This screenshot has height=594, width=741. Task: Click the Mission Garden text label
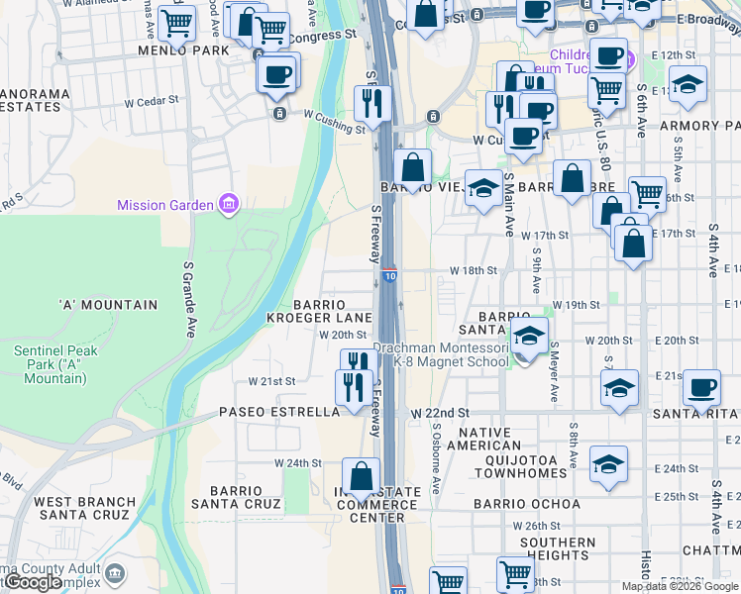(165, 206)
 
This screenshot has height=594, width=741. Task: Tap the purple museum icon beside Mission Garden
(229, 205)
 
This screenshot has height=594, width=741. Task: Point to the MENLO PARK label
(176, 49)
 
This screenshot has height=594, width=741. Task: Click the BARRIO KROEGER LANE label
(320, 311)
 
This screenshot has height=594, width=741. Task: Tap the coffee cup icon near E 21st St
(702, 387)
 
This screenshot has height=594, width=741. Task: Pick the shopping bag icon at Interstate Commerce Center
(362, 476)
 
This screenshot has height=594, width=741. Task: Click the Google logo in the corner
(33, 582)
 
